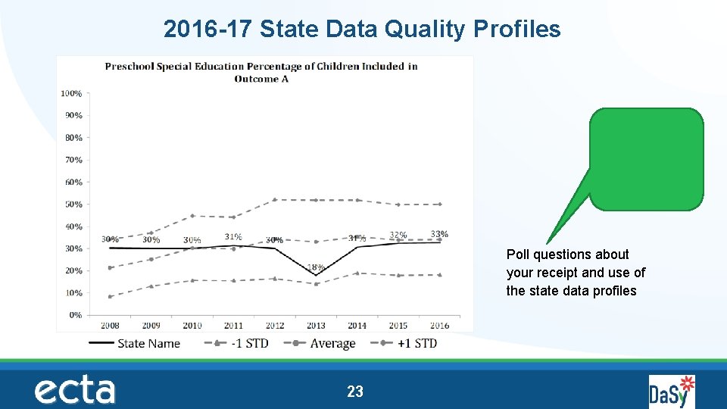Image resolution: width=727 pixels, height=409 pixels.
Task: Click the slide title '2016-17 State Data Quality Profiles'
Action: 362,30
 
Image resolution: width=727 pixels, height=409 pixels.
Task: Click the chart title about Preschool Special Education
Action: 261,72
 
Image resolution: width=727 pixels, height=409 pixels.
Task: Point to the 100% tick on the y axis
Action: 71,93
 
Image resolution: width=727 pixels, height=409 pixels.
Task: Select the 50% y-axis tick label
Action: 73,204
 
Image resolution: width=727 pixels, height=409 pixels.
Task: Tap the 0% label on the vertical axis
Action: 75,315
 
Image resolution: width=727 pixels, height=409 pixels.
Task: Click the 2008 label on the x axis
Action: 110,326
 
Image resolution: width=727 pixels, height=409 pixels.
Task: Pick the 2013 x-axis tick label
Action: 316,326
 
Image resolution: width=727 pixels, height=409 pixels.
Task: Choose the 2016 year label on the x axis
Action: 439,326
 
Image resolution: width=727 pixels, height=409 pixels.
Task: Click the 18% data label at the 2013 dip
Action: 316,267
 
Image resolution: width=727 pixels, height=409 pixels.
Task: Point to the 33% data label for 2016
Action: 439,234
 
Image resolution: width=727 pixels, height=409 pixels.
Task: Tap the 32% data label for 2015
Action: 398,235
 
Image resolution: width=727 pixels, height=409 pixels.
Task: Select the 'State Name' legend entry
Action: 148,343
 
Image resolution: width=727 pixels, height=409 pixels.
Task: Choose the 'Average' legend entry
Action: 332,343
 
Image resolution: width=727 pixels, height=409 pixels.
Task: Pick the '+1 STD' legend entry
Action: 417,343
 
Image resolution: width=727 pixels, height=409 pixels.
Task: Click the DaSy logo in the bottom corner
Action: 671,391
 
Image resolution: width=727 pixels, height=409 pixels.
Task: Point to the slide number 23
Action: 354,392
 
